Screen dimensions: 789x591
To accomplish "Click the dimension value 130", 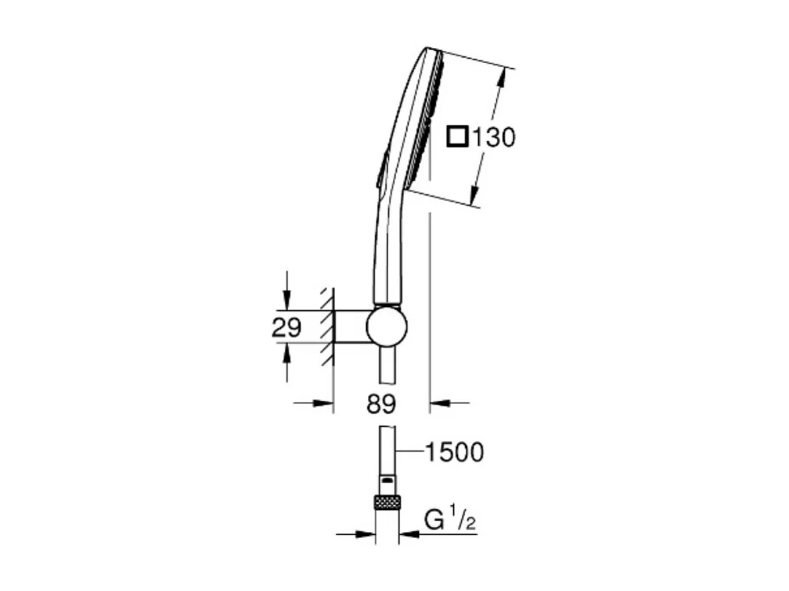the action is (x=493, y=137).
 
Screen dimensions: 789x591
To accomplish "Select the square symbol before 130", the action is (x=457, y=137).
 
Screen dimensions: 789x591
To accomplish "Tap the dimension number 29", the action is (x=287, y=328).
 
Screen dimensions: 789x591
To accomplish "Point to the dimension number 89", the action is (x=381, y=404).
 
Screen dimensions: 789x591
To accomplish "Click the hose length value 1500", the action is (x=455, y=452).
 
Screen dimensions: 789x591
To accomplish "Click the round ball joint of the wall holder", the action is (x=386, y=327).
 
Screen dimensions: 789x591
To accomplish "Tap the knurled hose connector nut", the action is (x=387, y=502).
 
